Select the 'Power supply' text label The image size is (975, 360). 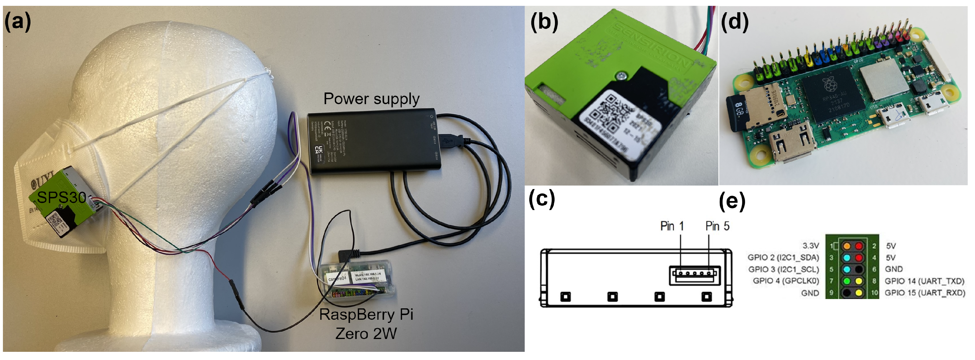[x=371, y=99]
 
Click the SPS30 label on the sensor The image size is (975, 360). [x=61, y=197]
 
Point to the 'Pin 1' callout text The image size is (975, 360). [x=672, y=226]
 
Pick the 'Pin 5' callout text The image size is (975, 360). [x=717, y=226]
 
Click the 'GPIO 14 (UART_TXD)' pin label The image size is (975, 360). [x=924, y=281]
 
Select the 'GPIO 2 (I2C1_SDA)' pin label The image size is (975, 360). [x=783, y=257]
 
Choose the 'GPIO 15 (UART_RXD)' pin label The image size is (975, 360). [x=925, y=293]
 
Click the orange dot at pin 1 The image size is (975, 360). [x=847, y=246]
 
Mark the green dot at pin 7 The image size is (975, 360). [x=847, y=281]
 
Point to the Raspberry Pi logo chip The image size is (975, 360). [x=829, y=95]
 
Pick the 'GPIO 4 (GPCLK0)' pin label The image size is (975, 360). [x=786, y=281]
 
